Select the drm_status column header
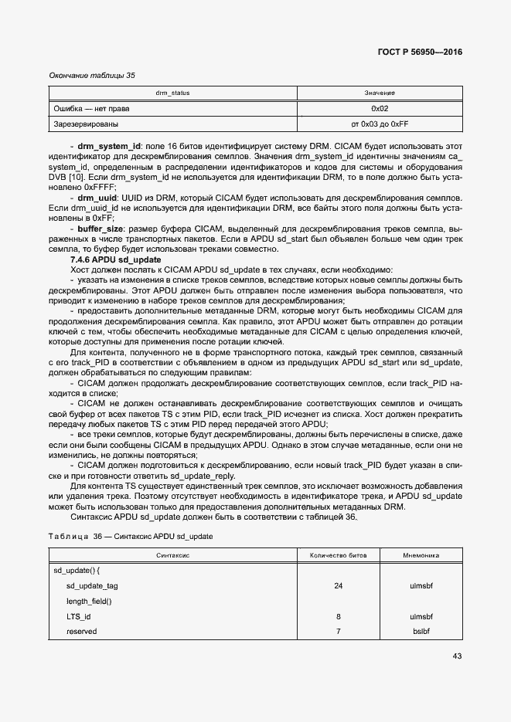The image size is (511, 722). coord(172,93)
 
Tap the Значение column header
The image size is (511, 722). coord(380,93)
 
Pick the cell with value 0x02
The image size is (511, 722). coord(380,108)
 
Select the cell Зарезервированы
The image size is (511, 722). coord(86,124)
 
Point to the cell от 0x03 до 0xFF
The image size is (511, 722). coord(380,124)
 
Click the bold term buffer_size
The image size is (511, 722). coord(100,229)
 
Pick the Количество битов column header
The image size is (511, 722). coord(338,554)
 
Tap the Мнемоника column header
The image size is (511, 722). coord(421,554)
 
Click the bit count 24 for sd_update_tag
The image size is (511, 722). coord(338,585)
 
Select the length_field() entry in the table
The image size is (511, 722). coord(89,601)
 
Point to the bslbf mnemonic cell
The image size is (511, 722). coord(421,632)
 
